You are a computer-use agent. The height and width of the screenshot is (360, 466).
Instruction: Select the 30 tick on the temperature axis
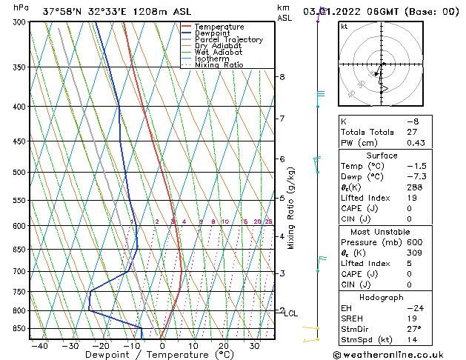click(x=254, y=345)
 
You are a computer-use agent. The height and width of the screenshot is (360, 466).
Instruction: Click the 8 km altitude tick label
click(x=282, y=77)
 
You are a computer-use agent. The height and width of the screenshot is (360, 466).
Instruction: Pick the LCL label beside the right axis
click(x=290, y=313)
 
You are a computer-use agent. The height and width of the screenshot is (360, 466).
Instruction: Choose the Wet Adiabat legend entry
click(x=218, y=53)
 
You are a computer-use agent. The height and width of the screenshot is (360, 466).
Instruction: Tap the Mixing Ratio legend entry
click(x=219, y=65)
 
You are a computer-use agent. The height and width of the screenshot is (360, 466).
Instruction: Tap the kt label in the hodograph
click(x=344, y=26)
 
